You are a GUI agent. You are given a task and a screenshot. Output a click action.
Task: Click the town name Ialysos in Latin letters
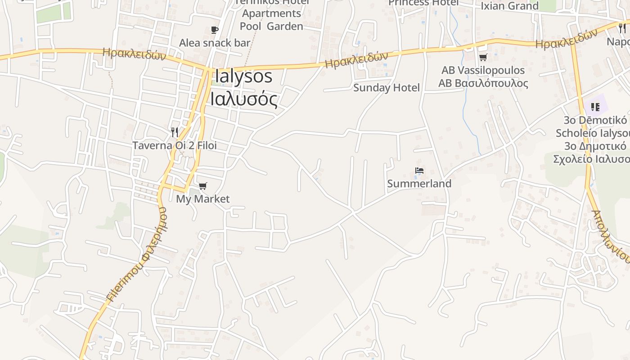[243, 76]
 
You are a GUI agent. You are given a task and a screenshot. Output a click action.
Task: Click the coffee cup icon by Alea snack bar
[215, 30]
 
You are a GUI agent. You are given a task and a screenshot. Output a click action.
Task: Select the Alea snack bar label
[215, 43]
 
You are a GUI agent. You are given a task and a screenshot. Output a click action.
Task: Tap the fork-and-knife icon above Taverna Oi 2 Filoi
[175, 132]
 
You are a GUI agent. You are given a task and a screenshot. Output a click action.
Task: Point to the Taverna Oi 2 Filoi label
[174, 145]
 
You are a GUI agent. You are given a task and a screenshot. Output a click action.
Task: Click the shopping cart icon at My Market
[203, 186]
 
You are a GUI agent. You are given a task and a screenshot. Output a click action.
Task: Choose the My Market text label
[202, 199]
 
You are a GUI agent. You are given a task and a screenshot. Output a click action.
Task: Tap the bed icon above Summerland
[419, 171]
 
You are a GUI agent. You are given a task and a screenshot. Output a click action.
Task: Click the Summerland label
[419, 184]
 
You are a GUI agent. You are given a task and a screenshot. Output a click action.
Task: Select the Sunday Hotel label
[386, 88]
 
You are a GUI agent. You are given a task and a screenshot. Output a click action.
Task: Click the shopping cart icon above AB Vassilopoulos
[483, 57]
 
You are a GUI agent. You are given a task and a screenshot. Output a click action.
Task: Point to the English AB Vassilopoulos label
[483, 70]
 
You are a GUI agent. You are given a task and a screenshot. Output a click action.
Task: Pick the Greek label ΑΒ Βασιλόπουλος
[483, 83]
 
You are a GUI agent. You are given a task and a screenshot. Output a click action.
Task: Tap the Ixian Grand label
[509, 6]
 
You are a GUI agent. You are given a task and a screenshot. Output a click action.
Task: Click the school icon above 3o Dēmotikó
[595, 107]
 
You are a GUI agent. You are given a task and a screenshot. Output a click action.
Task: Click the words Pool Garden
[271, 26]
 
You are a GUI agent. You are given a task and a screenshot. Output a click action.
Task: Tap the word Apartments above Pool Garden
[271, 13]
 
